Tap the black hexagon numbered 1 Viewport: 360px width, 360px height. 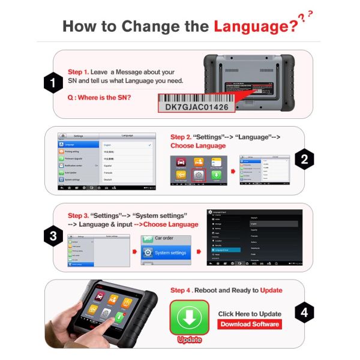[54, 83]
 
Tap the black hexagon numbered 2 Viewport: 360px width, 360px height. [305, 160]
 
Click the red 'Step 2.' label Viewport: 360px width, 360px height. [182, 137]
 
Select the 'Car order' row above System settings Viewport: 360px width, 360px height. [169, 238]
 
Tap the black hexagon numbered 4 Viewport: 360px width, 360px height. [305, 312]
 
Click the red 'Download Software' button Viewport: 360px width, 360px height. [250, 324]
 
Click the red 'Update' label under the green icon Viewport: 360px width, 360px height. [189, 340]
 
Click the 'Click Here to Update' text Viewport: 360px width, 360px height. [250, 314]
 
